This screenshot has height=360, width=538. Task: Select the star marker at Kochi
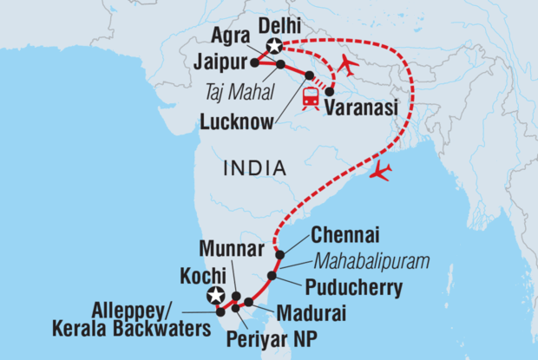tap(213, 295)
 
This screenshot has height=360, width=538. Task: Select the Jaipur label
tap(221, 62)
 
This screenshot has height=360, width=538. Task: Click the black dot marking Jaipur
tap(254, 62)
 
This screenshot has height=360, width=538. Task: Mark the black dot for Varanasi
tap(329, 91)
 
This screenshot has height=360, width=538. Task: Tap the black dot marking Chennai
tap(279, 254)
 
